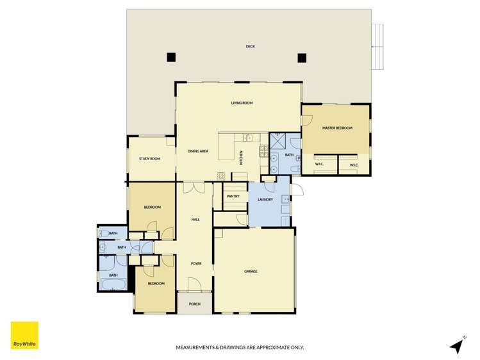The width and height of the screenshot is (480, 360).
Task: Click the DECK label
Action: [250, 46]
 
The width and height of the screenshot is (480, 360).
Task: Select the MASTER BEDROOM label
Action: [337, 128]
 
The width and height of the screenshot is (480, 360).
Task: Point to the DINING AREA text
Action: [198, 151]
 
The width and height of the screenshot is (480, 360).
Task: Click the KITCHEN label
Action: [241, 158]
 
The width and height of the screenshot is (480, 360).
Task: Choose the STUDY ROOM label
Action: [149, 159]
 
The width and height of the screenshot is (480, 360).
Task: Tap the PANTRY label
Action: [233, 197]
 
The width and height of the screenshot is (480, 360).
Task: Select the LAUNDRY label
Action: [265, 199]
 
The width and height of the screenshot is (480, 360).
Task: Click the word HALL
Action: [195, 219]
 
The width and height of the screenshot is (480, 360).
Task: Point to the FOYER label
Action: [195, 263]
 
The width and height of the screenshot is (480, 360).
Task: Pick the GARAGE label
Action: [251, 271]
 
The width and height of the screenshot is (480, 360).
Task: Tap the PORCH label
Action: [194, 304]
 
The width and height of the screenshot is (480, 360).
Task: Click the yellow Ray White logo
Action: [24, 335]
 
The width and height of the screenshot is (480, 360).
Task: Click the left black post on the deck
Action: [171, 57]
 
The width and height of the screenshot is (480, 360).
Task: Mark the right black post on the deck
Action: [302, 57]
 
